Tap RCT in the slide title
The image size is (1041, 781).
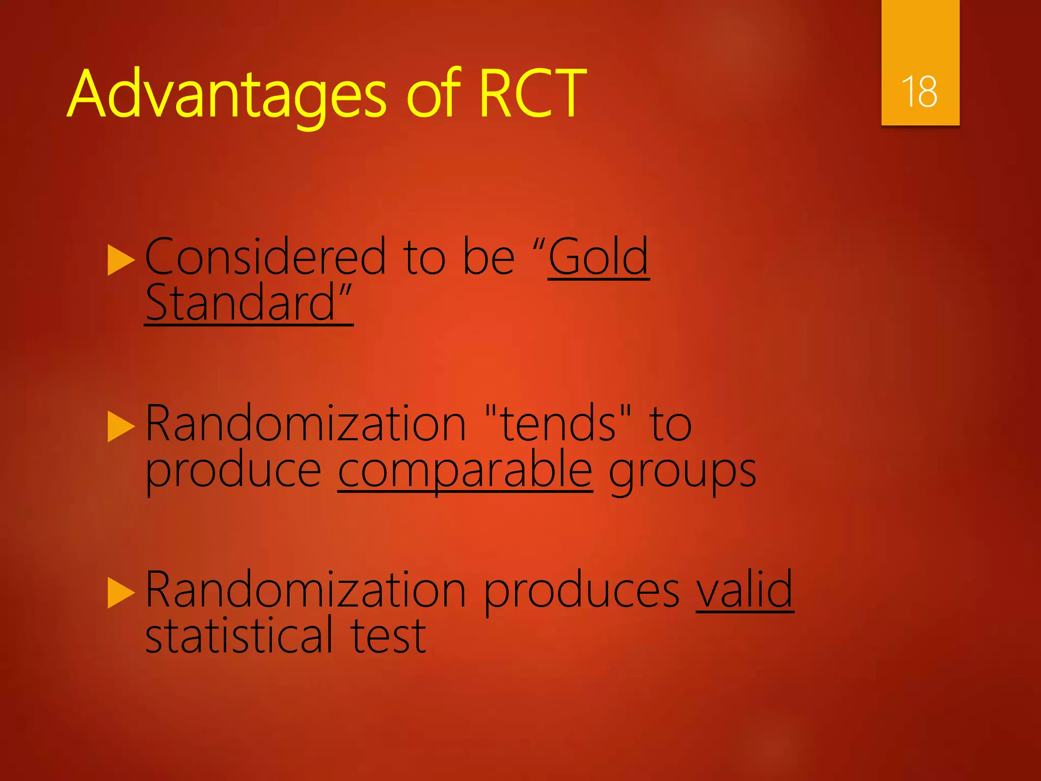click(x=533, y=94)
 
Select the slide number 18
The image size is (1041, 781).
click(x=920, y=92)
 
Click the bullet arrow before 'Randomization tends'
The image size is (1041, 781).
click(x=121, y=427)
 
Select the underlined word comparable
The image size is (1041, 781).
click(x=465, y=470)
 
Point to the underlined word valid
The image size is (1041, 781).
click(x=745, y=590)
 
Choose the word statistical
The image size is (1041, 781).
click(x=239, y=636)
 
